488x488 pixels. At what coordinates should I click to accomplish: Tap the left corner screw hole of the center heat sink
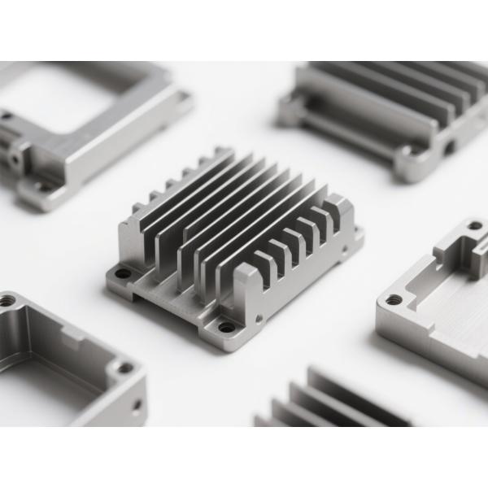click(122, 274)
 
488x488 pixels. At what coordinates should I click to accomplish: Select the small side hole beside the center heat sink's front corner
click(259, 319)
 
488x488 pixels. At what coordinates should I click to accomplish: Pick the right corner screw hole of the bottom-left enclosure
click(124, 368)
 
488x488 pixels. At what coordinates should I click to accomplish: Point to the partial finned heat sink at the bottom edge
click(325, 403)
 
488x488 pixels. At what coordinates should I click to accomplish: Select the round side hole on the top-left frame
click(14, 159)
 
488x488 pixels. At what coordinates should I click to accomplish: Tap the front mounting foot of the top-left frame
click(45, 191)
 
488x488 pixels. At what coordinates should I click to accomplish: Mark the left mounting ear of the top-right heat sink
click(290, 110)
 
